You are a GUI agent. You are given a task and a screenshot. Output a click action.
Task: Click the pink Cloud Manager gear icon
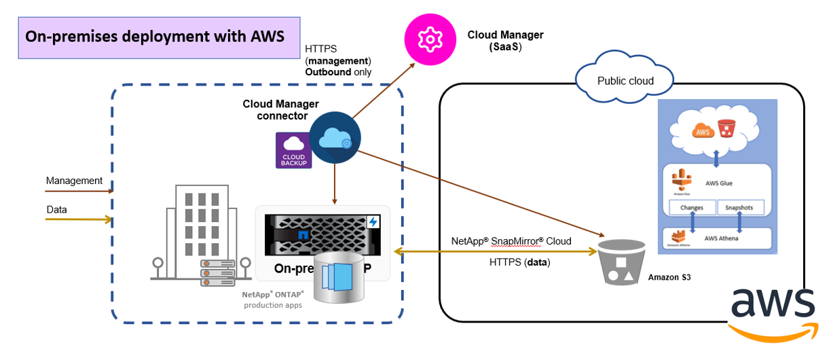[430, 40]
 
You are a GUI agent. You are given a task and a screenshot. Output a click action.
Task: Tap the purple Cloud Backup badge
[294, 149]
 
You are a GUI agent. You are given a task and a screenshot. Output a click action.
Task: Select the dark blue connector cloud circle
[335, 139]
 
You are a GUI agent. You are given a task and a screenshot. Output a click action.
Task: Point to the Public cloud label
[625, 81]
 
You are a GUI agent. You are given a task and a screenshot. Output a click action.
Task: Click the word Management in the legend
[74, 181]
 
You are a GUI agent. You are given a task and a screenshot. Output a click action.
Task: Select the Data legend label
[56, 210]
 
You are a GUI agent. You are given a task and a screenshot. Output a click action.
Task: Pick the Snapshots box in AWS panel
[740, 207]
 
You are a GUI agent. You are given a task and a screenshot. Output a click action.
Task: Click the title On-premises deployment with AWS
[155, 36]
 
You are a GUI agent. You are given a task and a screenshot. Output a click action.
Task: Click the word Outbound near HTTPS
[328, 72]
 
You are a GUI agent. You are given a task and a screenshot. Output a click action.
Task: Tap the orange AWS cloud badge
[703, 132]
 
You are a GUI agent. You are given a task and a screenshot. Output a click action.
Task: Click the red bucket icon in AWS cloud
[727, 129]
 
